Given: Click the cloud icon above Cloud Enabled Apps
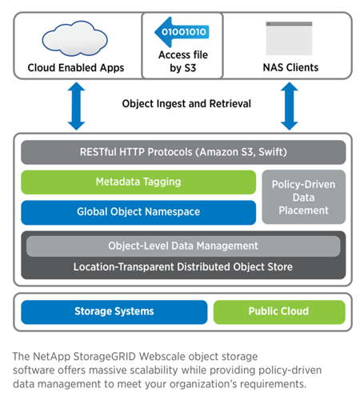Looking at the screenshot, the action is tap(74, 38).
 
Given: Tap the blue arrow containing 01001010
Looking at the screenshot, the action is tap(182, 32).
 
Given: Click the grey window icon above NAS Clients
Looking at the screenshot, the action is tap(289, 38).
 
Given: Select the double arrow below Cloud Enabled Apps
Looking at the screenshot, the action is tap(76, 106).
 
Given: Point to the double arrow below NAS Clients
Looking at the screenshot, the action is tap(290, 106).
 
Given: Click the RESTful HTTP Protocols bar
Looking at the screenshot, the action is tap(183, 152).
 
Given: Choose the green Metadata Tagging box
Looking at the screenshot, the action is tap(138, 182).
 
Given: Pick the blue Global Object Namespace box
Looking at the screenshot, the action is tap(138, 212).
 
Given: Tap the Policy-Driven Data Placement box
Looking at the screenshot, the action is tap(304, 197).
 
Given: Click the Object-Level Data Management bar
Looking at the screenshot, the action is tap(183, 246).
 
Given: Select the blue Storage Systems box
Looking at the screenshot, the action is tap(114, 311).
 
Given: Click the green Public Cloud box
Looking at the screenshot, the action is tap(279, 311).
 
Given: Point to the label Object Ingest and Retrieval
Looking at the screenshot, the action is tap(186, 104).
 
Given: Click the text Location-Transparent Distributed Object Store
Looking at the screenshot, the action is tap(183, 267).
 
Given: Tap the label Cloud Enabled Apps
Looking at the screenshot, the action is tap(76, 68).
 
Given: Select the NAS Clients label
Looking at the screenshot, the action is tap(290, 67).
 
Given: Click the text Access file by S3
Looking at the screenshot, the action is tap(183, 62).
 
